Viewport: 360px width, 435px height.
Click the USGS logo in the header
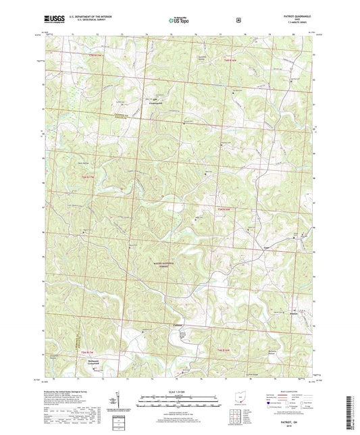point(50,20)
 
